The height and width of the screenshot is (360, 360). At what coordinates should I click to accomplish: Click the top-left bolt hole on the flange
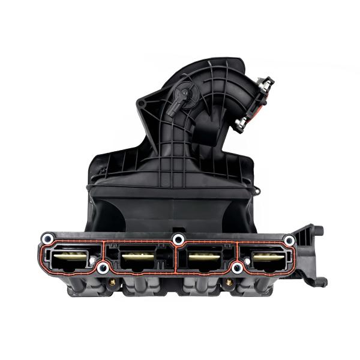point(47,240)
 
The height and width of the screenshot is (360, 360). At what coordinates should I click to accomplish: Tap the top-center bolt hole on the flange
point(178,240)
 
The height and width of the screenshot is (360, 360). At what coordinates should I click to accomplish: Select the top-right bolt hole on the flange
point(289,240)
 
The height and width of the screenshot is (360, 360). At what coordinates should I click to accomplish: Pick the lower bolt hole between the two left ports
point(103,268)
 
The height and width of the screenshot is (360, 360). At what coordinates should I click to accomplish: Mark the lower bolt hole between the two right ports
point(238,268)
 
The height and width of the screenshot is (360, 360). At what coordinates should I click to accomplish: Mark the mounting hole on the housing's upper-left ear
point(141,104)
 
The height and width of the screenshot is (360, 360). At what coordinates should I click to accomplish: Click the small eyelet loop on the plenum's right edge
point(256,191)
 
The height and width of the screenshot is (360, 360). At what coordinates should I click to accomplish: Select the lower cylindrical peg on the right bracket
point(320,281)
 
